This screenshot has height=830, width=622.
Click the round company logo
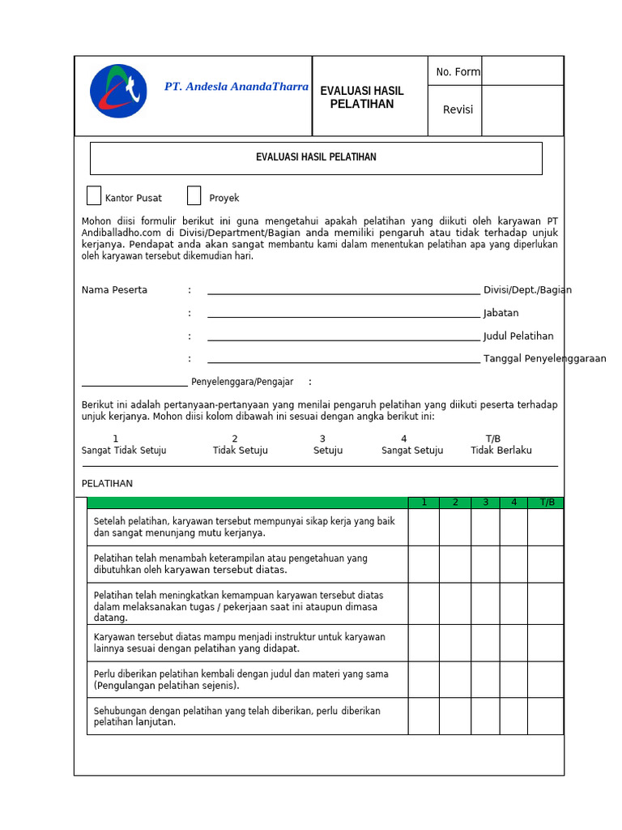point(118,91)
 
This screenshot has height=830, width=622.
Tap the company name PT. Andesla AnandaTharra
point(236,87)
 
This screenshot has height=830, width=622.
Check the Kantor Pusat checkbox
point(94,196)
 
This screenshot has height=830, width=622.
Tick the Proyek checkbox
point(194,196)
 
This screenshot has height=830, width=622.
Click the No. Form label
point(458,72)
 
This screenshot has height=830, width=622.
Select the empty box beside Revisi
point(522,110)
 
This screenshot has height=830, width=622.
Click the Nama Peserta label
point(114,290)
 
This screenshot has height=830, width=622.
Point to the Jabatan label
point(501,313)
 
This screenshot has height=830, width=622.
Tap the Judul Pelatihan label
point(518,336)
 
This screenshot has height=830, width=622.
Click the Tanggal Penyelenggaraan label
point(544,359)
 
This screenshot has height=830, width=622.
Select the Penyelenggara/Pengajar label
point(242,382)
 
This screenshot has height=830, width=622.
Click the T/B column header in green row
point(547,503)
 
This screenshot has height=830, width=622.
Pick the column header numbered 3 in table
point(485,503)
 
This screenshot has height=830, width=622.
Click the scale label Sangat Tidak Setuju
point(124,451)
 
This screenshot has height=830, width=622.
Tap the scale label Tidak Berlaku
point(501,451)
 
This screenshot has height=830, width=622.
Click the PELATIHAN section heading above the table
point(107,484)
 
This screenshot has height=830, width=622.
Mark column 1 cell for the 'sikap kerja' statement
point(424,527)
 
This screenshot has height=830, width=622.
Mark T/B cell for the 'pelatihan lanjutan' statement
point(545,717)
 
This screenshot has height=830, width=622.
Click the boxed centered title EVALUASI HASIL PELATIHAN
point(316,157)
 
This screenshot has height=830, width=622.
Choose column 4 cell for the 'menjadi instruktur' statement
point(513,643)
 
